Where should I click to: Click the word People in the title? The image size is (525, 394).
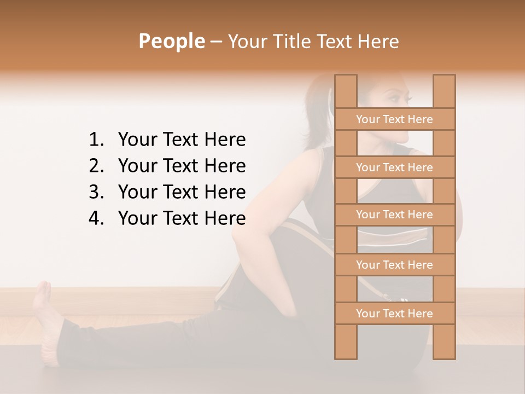171,41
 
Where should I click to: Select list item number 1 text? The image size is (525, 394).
182,140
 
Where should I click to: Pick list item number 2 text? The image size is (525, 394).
182,166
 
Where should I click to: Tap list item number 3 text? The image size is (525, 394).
182,192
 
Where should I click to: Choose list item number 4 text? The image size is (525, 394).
182,218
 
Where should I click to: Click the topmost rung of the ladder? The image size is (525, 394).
394,119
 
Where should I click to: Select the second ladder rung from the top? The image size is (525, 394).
394,167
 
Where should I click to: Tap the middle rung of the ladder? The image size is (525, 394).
394,215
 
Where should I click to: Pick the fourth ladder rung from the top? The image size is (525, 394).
394,265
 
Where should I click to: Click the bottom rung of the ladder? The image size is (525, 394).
394,314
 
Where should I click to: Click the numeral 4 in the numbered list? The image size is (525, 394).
95,218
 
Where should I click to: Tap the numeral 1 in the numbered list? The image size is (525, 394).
95,140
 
